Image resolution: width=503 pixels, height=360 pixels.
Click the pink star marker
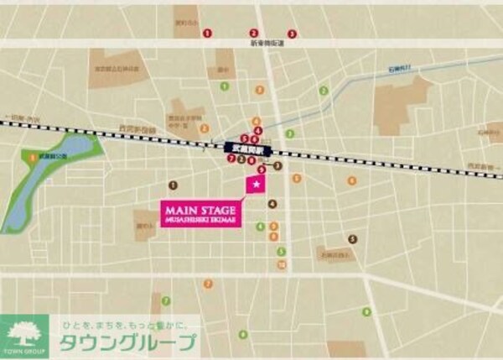click(x=252, y=184)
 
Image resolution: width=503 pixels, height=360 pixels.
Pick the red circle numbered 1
click(x=206, y=34)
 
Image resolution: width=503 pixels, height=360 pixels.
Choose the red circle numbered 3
click(x=292, y=34)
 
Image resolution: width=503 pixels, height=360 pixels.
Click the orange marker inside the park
click(x=33, y=156)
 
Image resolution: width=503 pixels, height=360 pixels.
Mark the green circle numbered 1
click(x=224, y=86)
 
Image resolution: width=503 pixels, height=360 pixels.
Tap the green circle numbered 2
click(x=289, y=133)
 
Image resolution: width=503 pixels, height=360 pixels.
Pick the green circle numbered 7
click(x=166, y=300)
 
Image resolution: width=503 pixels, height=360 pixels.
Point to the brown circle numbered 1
click(x=173, y=185)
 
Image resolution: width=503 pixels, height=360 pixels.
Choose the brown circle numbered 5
click(x=353, y=239)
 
